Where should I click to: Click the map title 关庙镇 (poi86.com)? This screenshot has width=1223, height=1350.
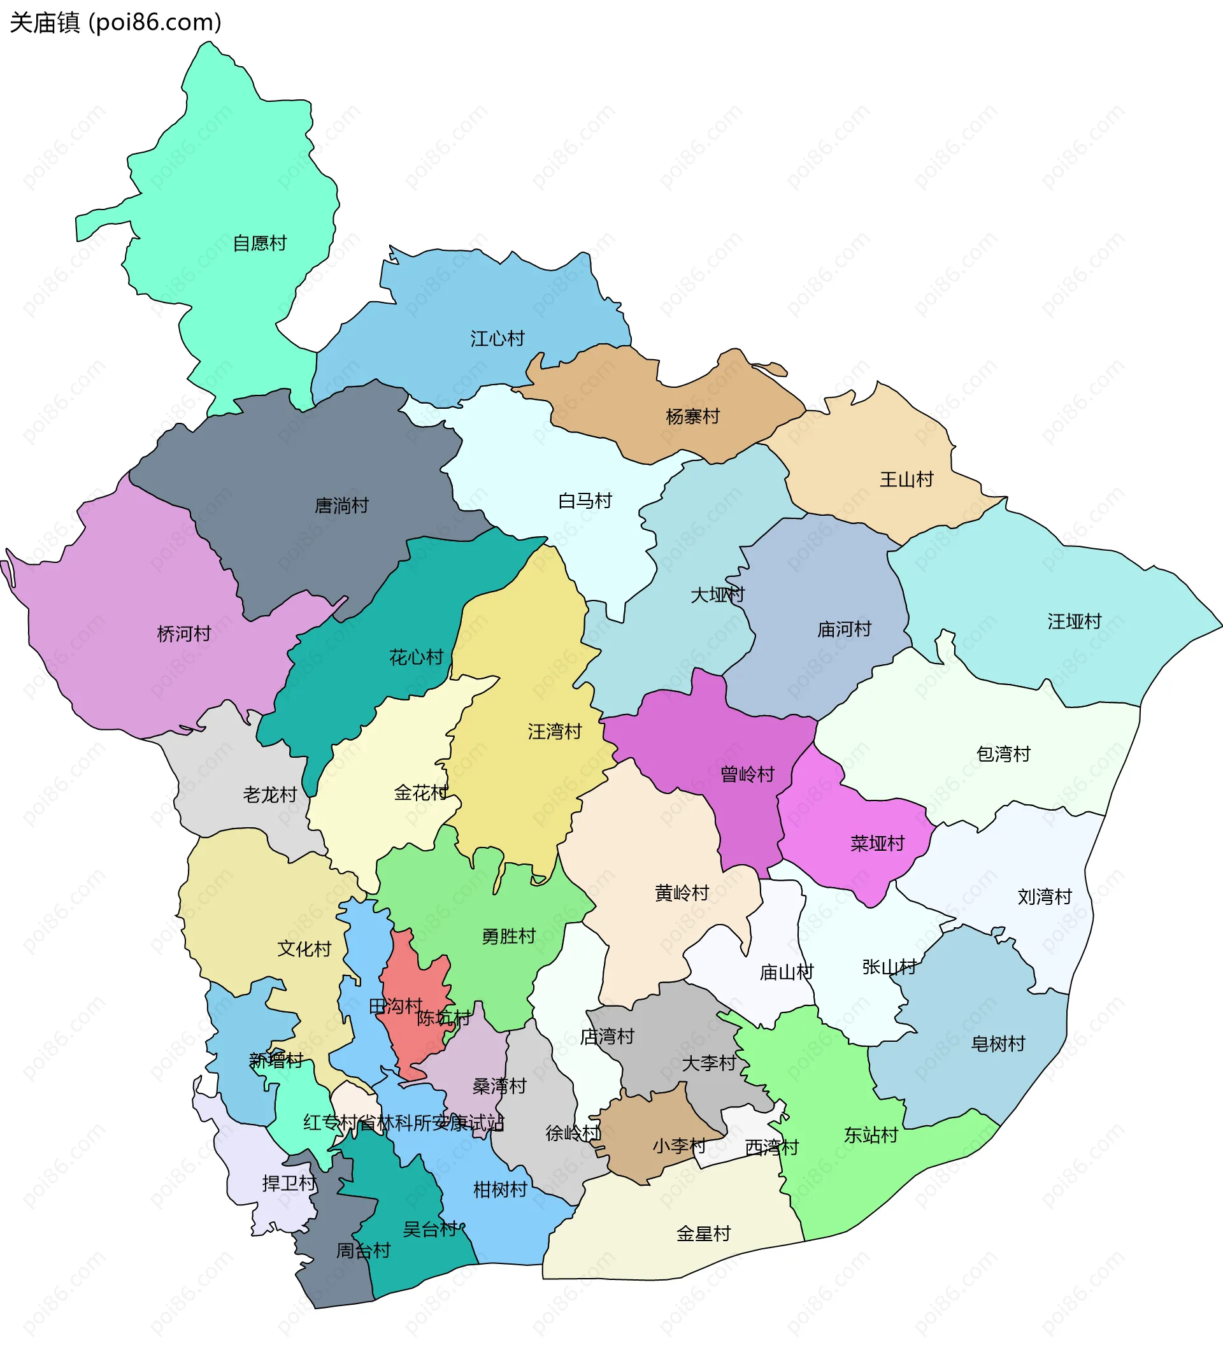[115, 23]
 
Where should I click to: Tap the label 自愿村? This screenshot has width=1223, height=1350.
[259, 243]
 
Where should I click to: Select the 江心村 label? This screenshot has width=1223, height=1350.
[497, 339]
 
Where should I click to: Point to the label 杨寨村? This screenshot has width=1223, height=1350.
[692, 416]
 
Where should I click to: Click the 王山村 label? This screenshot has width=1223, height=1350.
[906, 480]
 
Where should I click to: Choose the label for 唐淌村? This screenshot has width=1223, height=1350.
[341, 506]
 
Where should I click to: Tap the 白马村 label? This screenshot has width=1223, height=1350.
[585, 501]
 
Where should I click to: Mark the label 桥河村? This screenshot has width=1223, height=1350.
[183, 634]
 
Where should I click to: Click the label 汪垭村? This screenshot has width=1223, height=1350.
[1075, 622]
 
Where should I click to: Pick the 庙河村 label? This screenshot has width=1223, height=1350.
[844, 629]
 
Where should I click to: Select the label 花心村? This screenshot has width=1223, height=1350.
[416, 658]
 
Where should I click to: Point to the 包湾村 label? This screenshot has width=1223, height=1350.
[1003, 754]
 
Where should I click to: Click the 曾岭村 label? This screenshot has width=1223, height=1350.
[747, 775]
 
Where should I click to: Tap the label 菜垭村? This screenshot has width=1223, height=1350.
[877, 844]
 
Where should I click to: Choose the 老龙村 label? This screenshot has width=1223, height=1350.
[269, 795]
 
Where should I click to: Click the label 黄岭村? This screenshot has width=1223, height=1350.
[682, 893]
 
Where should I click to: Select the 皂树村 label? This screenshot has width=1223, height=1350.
[998, 1044]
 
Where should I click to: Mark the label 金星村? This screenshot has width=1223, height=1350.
[703, 1233]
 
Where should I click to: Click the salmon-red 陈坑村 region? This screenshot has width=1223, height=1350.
[418, 984]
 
